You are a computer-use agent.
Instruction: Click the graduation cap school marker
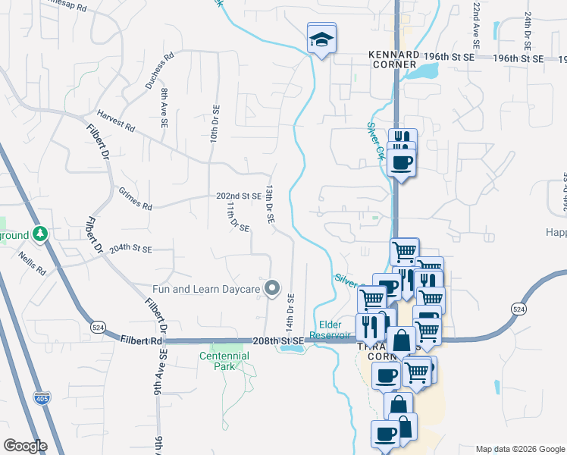(x=321, y=39)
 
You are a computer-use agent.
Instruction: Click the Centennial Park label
(x=224, y=360)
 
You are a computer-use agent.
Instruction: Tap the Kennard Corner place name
(x=393, y=59)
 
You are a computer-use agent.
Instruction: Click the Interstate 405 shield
(x=42, y=397)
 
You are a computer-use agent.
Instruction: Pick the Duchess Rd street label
(x=160, y=71)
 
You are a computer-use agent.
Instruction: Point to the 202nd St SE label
(x=238, y=196)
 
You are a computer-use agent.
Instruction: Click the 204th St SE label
(x=130, y=249)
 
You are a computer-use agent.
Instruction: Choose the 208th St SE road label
(x=280, y=341)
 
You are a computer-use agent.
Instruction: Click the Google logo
(x=25, y=445)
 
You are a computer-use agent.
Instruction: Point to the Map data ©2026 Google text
(x=518, y=449)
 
